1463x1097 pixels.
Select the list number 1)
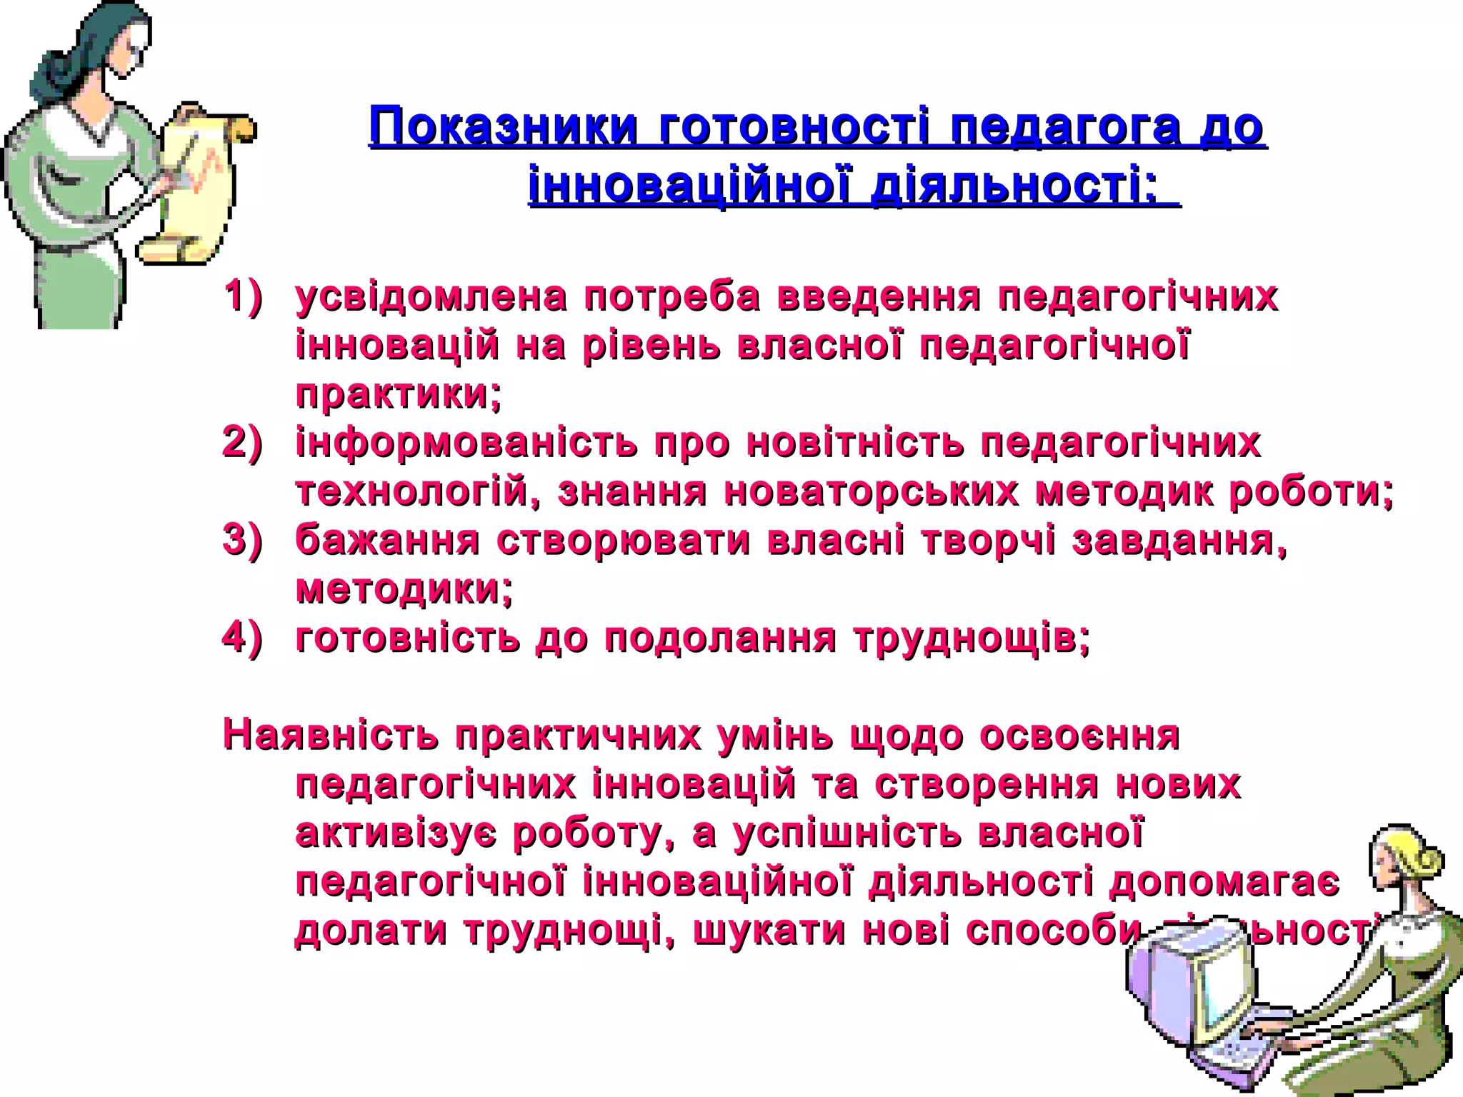pos(243,296)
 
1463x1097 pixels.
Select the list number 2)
pos(243,443)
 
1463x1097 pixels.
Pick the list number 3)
pos(243,540)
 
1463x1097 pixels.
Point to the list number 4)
pos(243,637)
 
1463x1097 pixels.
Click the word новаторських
pos(872,491)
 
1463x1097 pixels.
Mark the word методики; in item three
pos(404,588)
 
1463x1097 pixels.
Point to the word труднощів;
pos(972,637)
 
